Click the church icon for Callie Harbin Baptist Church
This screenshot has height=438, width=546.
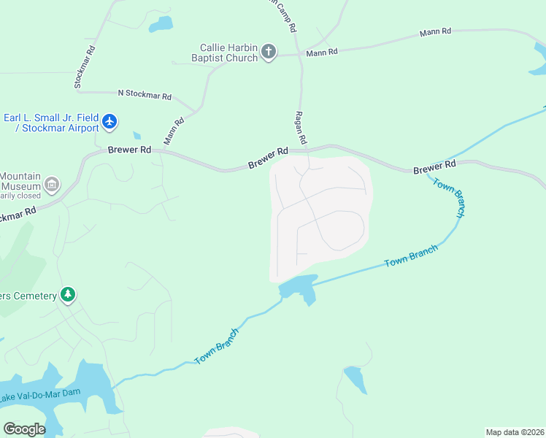269,52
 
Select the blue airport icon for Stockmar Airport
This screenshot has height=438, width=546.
109,121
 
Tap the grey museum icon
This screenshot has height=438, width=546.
51,185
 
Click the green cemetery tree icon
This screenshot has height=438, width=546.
68,295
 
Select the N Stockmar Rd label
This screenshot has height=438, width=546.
144,95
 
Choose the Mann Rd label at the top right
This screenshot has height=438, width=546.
435,32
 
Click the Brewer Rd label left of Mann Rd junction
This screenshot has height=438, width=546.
129,150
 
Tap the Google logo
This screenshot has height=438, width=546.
24,429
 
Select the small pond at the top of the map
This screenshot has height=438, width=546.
161,24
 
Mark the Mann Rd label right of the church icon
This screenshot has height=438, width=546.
322,52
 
